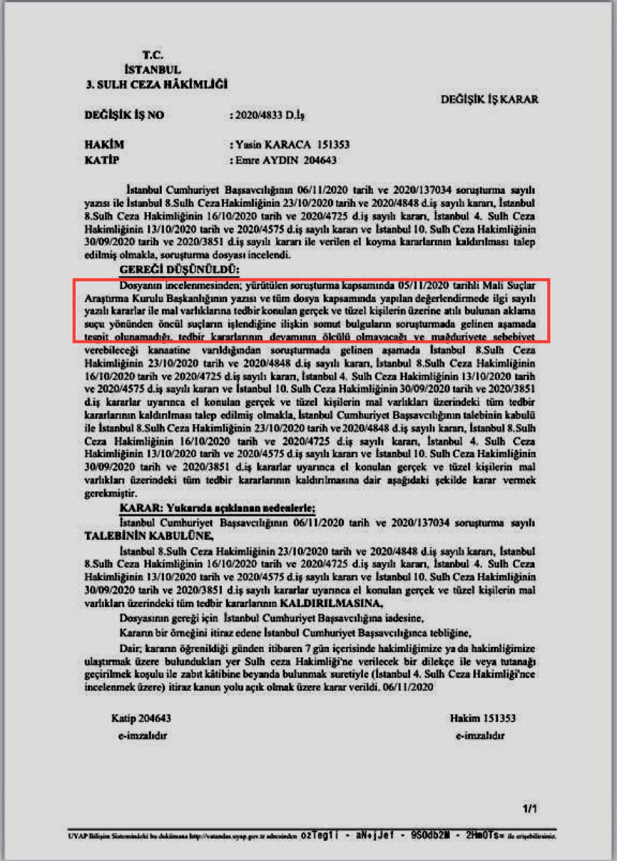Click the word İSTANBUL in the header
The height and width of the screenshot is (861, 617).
(x=151, y=70)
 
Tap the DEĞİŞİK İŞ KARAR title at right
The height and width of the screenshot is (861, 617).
(x=489, y=99)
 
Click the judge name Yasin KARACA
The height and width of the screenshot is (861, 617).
(x=272, y=145)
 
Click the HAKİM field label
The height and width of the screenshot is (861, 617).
(x=104, y=145)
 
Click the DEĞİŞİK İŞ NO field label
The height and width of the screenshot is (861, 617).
(x=124, y=116)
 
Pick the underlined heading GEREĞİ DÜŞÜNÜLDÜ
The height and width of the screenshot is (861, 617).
(x=180, y=270)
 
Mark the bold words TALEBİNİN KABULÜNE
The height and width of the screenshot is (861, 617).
(x=148, y=536)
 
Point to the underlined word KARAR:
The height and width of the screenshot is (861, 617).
(x=140, y=508)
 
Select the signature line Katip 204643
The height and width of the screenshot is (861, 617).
(x=141, y=718)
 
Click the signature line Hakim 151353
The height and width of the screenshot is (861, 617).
(x=483, y=718)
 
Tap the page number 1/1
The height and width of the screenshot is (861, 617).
(x=530, y=809)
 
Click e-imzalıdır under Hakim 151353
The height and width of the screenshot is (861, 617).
(x=480, y=736)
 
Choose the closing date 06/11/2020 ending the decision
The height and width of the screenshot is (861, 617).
(x=409, y=687)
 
